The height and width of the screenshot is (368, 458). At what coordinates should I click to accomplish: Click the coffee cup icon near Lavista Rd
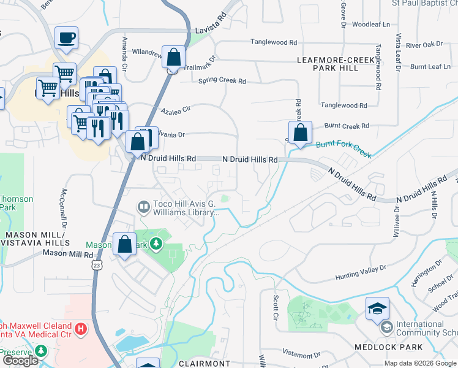pos(66,38)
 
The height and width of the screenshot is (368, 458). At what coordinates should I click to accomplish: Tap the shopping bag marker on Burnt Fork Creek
pos(300,132)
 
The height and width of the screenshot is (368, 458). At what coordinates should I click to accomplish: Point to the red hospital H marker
pos(80,331)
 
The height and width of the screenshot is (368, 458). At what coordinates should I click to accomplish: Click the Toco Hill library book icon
pos(144,207)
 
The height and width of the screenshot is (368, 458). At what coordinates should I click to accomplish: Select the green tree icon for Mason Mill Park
pos(157,244)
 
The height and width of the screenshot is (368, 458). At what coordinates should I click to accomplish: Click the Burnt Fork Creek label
pos(343,149)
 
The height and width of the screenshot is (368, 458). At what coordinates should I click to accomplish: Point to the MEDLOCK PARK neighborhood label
pos(388,347)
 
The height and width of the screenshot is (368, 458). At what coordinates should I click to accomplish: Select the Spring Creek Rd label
pos(222,81)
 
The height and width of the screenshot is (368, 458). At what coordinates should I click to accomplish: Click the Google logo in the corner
pos(20,361)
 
